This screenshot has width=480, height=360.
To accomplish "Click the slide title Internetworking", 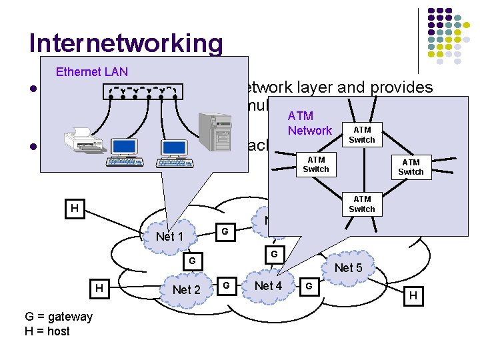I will coord(126,43).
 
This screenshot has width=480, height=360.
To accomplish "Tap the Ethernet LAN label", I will coord(92,72).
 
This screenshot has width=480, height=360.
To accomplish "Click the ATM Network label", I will coord(309,123).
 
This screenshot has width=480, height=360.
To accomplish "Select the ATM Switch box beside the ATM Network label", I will coord(362,135).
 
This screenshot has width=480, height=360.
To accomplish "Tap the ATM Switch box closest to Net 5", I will coord(362,204).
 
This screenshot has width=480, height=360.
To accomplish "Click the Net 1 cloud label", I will coord(169,237).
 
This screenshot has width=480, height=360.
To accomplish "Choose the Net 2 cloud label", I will coord(186,289).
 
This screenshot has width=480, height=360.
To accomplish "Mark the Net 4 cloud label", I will coord(269,286).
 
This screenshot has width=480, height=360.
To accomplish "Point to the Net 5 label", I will coord(348,268).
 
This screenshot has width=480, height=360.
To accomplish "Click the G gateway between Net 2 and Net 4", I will coord(227,286).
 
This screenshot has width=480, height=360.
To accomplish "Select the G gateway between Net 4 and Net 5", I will coord(308,287).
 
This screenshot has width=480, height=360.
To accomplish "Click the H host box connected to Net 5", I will coord(413,295).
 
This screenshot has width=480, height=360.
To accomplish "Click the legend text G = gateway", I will coord(59,317).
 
